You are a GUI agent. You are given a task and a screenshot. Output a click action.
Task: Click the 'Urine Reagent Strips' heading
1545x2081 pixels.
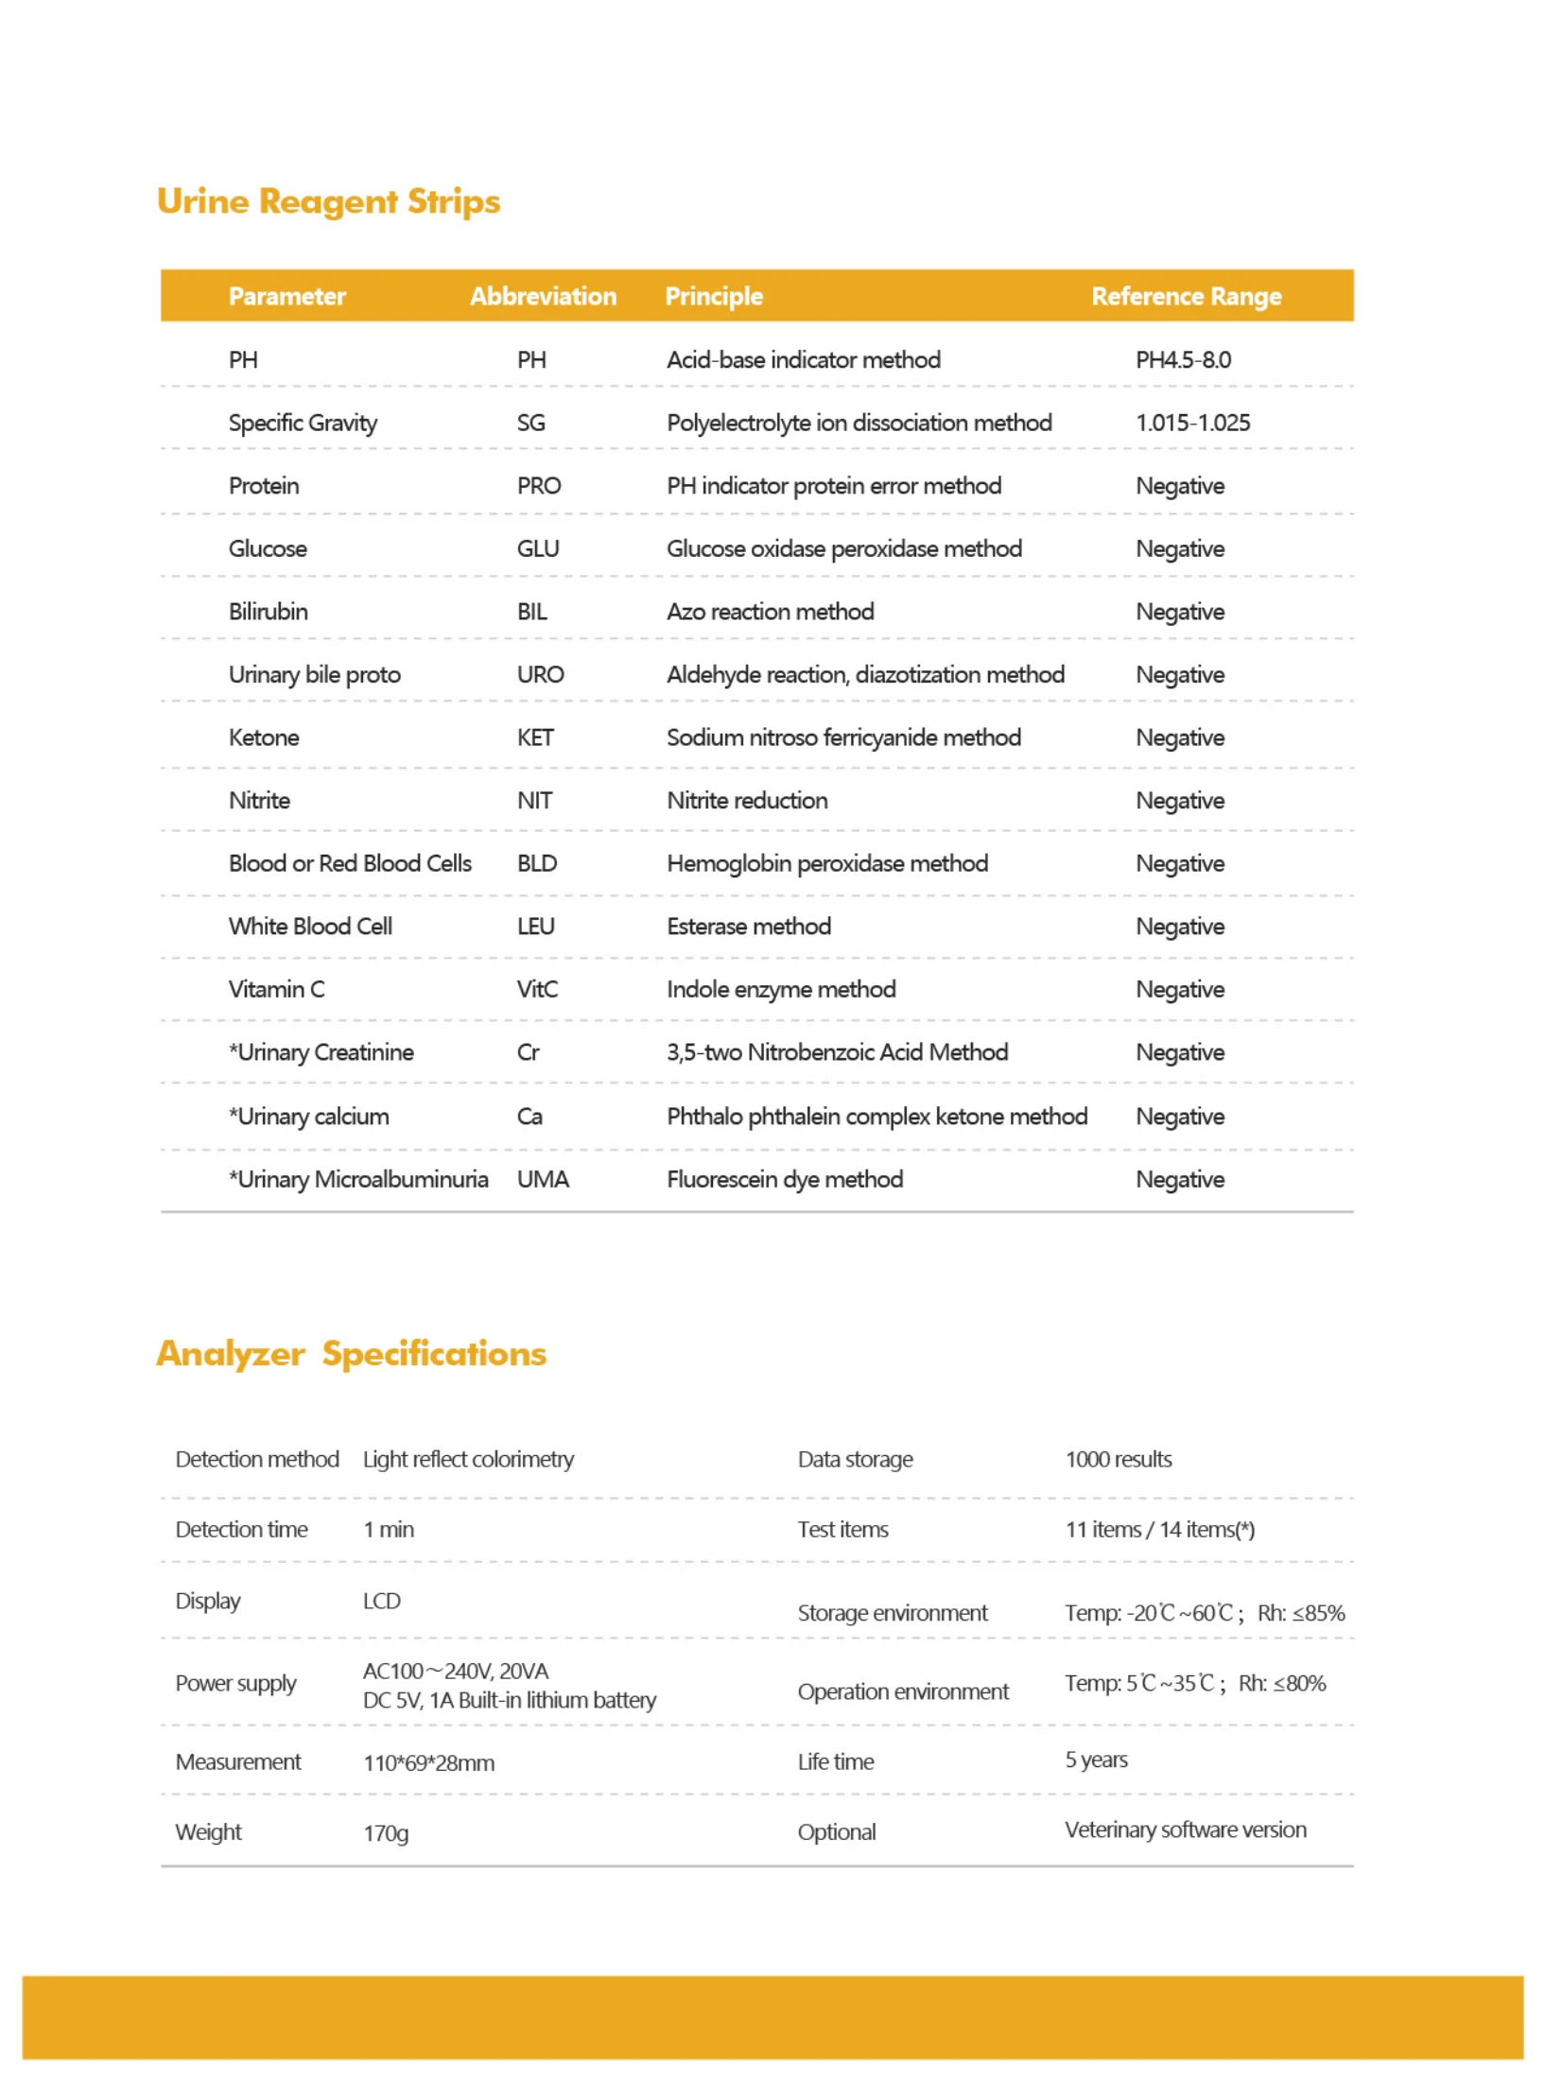click(328, 201)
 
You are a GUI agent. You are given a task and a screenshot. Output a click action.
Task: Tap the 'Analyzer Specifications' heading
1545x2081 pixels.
click(351, 1353)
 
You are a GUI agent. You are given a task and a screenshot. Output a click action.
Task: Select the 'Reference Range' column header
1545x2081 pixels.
click(1186, 296)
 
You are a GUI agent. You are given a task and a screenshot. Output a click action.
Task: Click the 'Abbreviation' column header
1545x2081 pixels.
click(543, 296)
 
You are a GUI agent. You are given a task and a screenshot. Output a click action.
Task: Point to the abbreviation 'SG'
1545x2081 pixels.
click(530, 423)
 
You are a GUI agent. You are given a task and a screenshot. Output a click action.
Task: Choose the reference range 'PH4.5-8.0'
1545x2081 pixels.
click(1183, 359)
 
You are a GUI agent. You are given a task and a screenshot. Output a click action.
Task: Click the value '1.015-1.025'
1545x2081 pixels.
click(1192, 423)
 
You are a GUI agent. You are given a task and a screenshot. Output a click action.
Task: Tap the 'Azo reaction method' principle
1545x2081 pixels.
click(770, 612)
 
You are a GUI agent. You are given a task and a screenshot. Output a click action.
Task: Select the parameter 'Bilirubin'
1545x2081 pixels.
click(268, 612)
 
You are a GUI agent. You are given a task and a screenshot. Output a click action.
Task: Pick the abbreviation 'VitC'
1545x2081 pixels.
click(537, 989)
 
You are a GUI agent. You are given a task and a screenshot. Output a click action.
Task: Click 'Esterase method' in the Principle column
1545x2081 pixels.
click(749, 927)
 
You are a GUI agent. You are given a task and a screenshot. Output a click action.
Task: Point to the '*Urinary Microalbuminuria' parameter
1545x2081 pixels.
click(358, 1179)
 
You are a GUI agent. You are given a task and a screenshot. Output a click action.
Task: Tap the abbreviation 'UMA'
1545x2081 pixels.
click(543, 1179)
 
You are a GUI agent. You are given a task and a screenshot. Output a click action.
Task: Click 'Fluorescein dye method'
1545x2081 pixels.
click(785, 1179)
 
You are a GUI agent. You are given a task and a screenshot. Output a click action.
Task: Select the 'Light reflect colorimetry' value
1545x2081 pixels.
click(468, 1459)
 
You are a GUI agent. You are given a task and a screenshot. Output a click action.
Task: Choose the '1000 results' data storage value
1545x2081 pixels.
click(1118, 1459)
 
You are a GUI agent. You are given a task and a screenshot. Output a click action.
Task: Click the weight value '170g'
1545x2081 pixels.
click(386, 1833)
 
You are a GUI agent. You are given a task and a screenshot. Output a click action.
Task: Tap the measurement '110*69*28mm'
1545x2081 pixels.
click(428, 1762)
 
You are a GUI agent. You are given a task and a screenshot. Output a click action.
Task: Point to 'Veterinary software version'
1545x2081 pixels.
click(1185, 1830)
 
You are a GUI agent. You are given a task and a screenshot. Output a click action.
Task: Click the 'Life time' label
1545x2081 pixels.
click(835, 1761)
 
